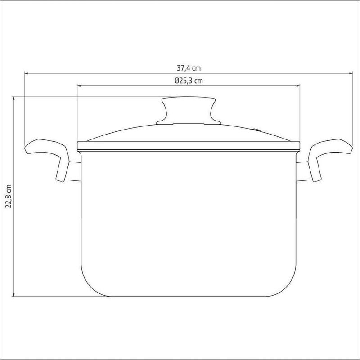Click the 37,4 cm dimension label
189,68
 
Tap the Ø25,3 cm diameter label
189,81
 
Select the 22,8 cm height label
9,196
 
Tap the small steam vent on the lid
256,130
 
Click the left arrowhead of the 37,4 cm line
26,73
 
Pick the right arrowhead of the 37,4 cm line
351,73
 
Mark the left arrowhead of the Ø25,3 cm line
79,86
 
